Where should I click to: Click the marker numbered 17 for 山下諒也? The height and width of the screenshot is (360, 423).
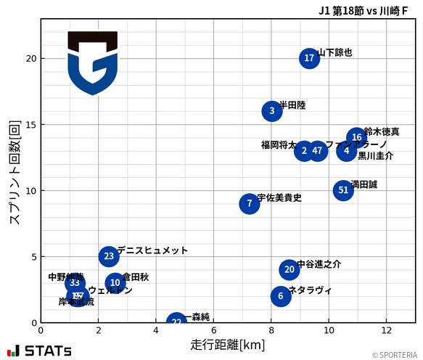pos(310,59)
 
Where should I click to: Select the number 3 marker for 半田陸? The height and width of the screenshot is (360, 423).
pos(272,111)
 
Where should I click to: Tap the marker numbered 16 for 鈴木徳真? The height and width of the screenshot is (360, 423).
pos(356,137)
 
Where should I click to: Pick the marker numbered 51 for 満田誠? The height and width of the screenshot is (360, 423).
pos(344,190)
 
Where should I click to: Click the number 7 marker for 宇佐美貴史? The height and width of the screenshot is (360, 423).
pos(249,203)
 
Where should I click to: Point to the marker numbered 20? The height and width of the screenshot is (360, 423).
pos(289,270)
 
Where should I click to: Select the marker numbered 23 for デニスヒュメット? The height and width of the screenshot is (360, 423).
pos(109,256)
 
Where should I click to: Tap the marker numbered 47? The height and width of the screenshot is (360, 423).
pos(317,151)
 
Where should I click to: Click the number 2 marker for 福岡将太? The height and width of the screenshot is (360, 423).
pos(304,151)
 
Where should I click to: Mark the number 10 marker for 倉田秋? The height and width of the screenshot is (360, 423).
pos(115,283)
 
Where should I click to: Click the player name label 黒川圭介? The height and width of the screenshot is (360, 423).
pos(376,156)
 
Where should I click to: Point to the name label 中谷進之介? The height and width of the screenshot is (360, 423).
pos(319,264)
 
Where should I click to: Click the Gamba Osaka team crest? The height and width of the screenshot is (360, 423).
pos(92,62)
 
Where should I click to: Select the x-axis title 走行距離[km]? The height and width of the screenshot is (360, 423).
pos(227,343)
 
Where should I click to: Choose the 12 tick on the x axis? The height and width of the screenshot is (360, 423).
pos(386,331)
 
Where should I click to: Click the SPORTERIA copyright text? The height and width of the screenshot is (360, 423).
pos(395,355)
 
